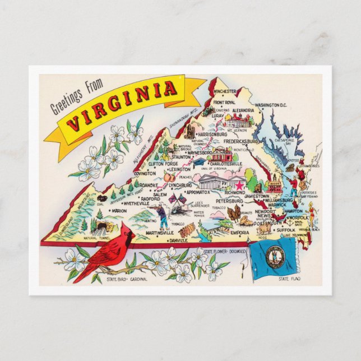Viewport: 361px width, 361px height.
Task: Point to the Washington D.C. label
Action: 271,105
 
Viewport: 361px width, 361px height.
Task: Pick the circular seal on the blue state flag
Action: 276,256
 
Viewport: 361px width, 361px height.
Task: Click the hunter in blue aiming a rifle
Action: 162,215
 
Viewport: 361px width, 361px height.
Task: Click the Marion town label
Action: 119,211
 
